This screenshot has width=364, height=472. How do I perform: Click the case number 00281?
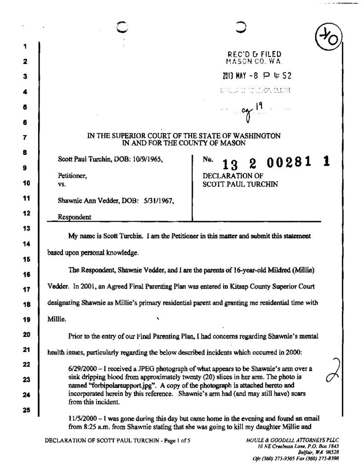click(x=291, y=163)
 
